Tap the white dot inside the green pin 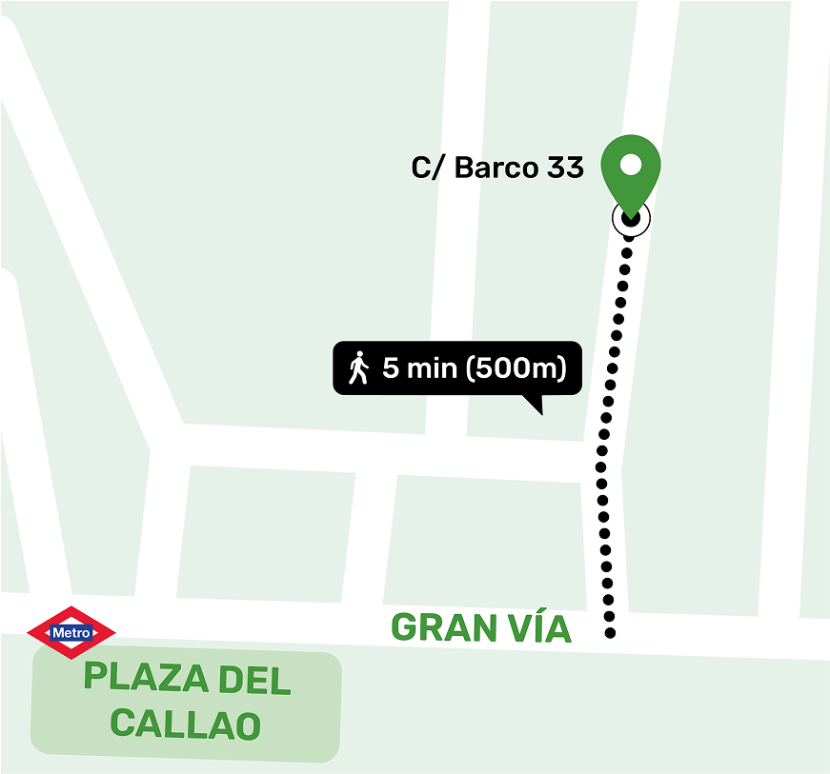(630, 165)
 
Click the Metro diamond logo (71, 632)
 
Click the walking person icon (358, 367)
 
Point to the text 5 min (419, 367)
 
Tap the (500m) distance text (516, 367)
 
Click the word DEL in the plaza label (254, 680)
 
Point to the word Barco (496, 169)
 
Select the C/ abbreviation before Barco (428, 169)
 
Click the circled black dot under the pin (630, 218)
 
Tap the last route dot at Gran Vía (610, 633)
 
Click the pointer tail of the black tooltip (536, 407)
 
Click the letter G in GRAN (405, 628)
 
